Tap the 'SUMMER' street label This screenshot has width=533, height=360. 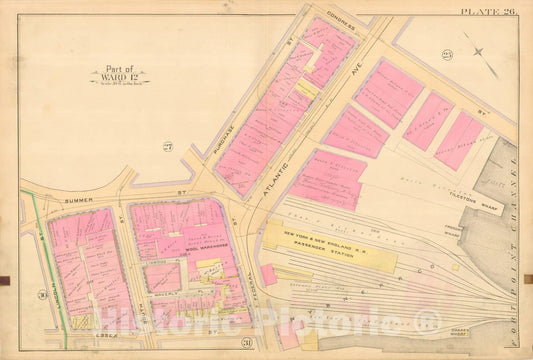(78, 199)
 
